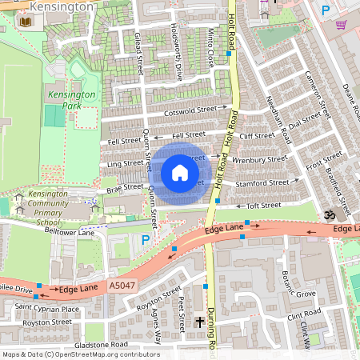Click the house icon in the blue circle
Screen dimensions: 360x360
(180, 173)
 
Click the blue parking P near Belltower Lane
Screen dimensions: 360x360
(145, 239)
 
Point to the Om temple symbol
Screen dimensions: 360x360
(326, 215)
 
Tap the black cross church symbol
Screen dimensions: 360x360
(199, 321)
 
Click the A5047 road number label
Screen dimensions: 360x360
(122, 285)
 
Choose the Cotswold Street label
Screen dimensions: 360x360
(190, 109)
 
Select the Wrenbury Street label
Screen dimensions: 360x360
(259, 159)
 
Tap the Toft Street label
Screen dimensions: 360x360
(264, 206)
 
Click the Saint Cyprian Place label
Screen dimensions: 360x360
(47, 309)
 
